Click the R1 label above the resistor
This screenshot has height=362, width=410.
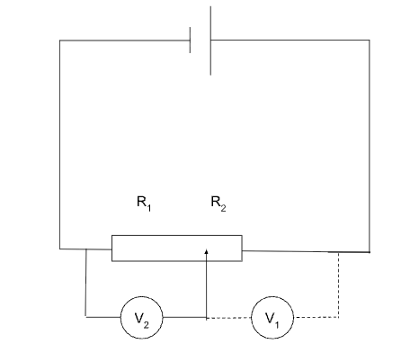point(144,204)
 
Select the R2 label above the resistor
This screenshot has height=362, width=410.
point(218,204)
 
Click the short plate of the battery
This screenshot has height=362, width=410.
point(191,40)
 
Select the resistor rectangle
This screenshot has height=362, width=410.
point(176,248)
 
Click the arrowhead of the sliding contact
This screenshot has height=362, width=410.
point(207,254)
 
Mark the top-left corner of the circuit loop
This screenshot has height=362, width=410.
point(59,40)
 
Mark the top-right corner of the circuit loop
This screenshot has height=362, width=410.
point(369,40)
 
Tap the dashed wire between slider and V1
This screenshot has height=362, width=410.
point(229,317)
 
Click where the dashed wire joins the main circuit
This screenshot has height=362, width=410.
point(338,251)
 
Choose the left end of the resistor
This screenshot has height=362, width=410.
point(112,248)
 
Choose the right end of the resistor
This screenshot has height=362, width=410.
point(242,248)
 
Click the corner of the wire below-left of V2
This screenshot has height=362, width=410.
point(85,317)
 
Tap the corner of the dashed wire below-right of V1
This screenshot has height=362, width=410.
point(338,317)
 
